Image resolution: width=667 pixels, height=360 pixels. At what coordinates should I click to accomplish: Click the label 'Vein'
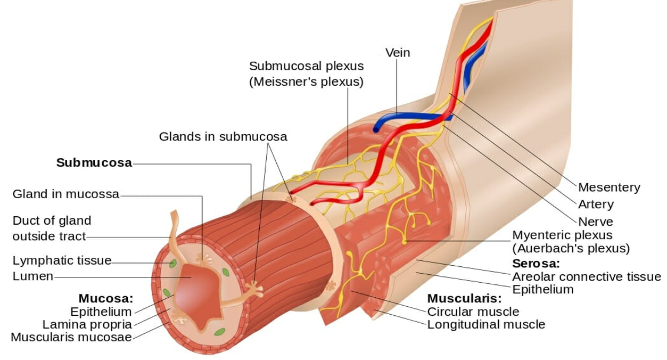tap(398, 53)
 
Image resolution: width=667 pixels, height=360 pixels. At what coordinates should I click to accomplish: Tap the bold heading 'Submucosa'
tap(94, 163)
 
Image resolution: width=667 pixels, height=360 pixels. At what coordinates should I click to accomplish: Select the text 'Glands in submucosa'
tap(223, 137)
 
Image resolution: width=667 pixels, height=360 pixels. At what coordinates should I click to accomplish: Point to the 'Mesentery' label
tap(609, 187)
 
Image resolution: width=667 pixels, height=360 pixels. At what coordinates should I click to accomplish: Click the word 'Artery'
tap(596, 204)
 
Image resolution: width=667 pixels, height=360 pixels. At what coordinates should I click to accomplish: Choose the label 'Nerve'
tap(595, 222)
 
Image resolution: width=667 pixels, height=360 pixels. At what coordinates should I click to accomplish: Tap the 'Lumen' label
tap(33, 277)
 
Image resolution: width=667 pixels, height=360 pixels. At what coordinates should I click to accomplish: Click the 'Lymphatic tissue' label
tap(62, 261)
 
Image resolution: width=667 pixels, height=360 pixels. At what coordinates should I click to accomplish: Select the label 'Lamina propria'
tap(87, 324)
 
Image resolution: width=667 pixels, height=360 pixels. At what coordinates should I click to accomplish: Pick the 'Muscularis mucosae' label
tap(71, 337)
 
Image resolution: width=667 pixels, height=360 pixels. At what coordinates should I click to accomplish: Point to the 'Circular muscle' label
tap(473, 312)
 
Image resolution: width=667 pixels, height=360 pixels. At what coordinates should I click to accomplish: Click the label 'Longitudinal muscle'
tap(486, 324)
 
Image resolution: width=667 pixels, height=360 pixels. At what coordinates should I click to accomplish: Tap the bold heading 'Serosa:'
tap(536, 264)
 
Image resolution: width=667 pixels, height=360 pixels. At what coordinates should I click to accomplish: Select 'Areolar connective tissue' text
tap(586, 277)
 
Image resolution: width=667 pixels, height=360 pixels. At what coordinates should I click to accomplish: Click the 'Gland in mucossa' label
tap(66, 194)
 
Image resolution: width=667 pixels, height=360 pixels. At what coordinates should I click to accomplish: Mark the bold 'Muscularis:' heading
tap(464, 298)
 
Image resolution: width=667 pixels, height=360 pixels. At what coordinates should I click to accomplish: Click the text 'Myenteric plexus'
tap(562, 235)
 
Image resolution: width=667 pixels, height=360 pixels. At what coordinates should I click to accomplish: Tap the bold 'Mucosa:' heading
tap(105, 299)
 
